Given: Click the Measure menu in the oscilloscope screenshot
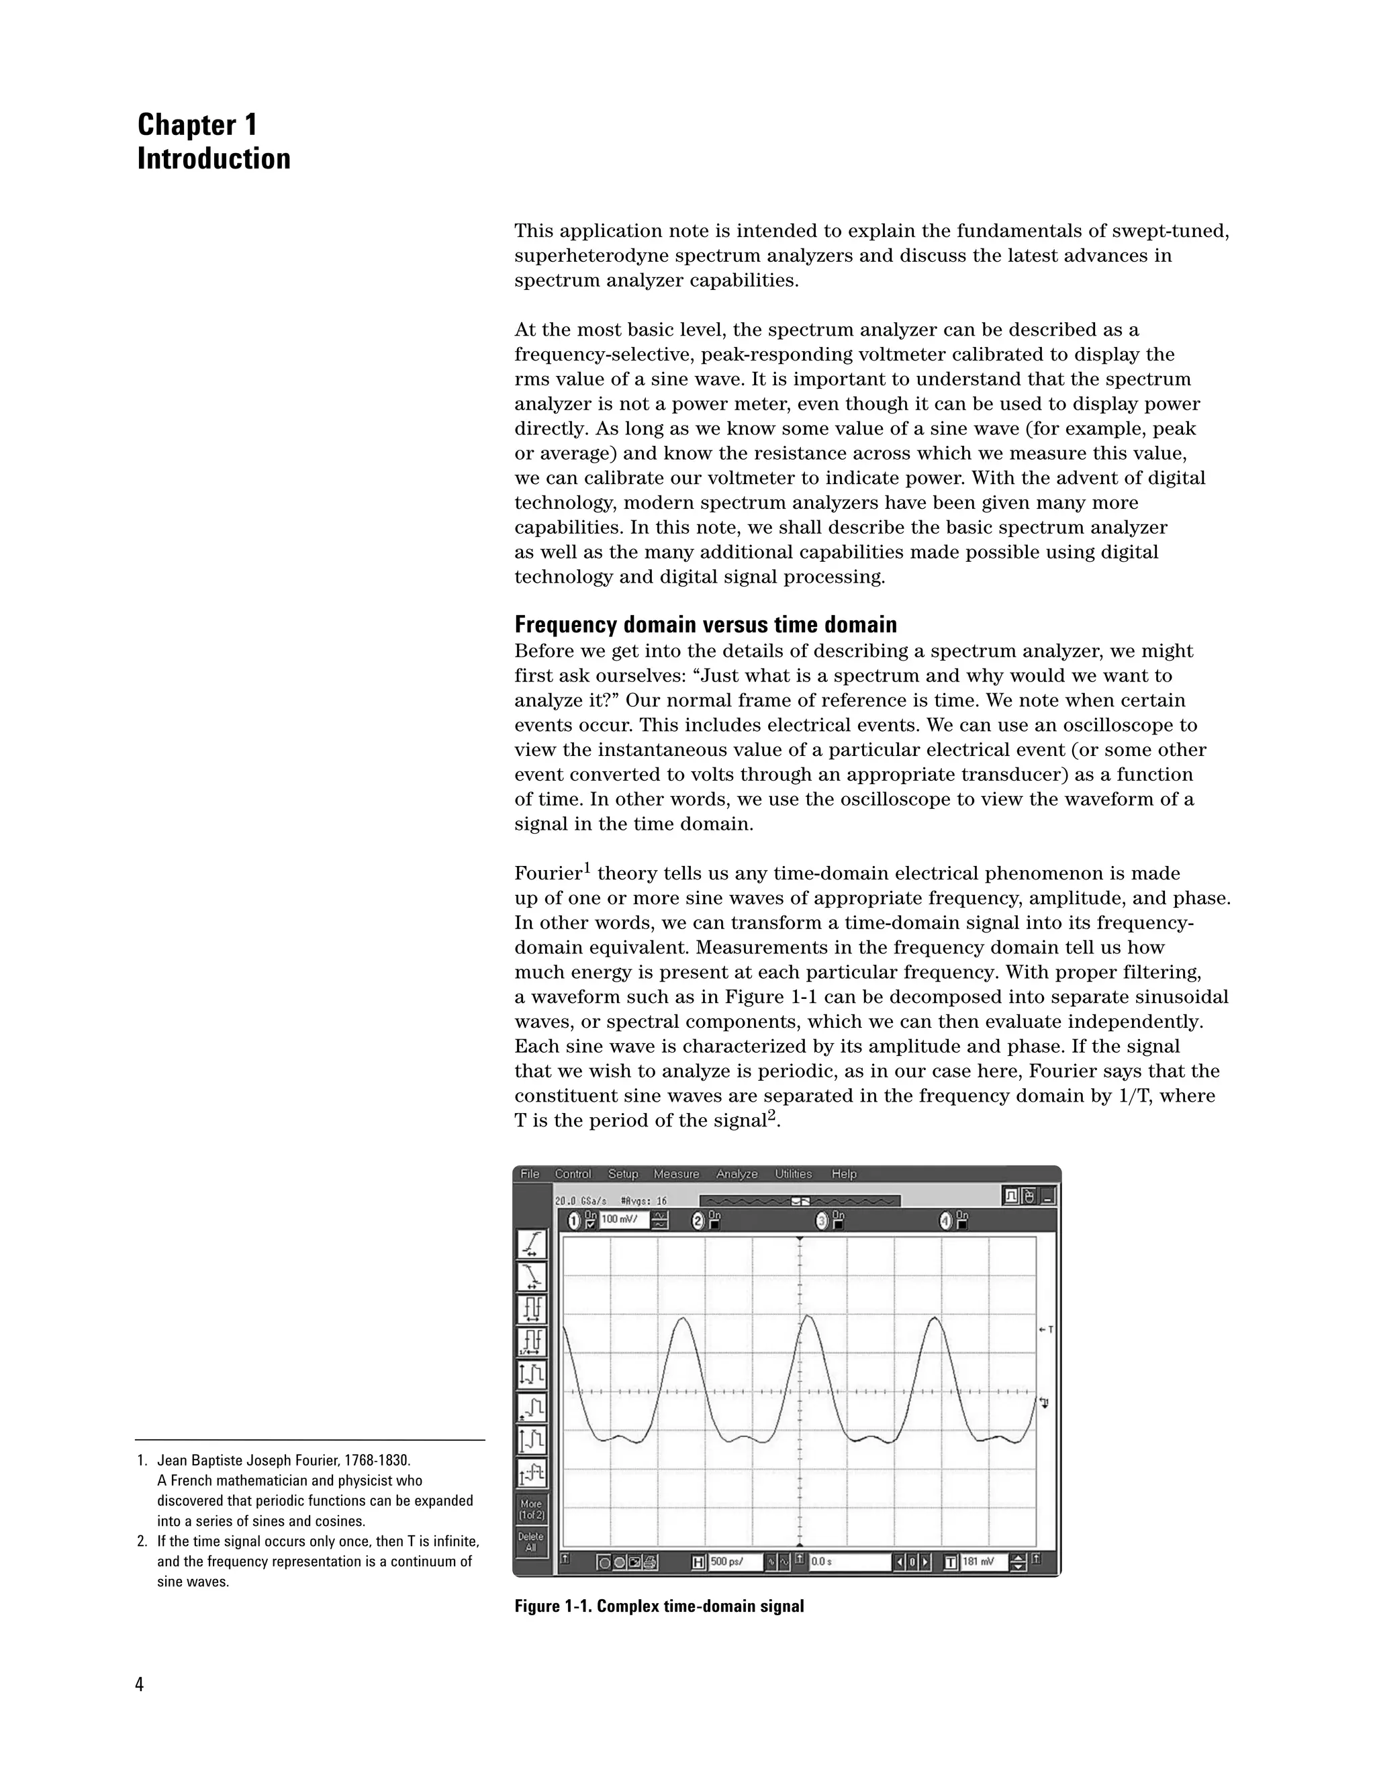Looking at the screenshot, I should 676,1173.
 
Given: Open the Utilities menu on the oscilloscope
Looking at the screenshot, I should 793,1173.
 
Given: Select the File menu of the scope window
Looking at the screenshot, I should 530,1173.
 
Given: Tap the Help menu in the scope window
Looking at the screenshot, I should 844,1173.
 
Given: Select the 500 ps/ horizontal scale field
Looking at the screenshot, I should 734,1561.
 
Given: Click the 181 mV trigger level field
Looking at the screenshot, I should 983,1561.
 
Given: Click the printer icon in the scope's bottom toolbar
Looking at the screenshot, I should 650,1562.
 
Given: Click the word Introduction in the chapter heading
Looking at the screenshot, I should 214,159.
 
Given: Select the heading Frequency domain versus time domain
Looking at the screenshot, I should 706,625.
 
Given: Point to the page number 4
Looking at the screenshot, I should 139,1684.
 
